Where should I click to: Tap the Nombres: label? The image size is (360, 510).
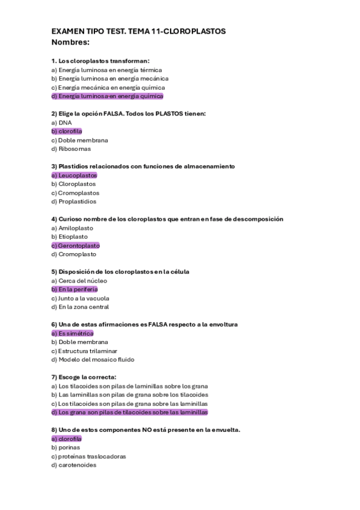[70, 42]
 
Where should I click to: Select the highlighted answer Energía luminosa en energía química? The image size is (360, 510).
[108, 96]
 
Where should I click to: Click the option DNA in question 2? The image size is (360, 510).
[62, 122]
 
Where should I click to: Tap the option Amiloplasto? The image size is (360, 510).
[73, 228]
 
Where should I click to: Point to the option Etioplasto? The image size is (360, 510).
[70, 237]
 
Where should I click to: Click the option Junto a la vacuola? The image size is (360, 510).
[80, 298]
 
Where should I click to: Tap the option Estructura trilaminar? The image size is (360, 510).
[84, 351]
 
